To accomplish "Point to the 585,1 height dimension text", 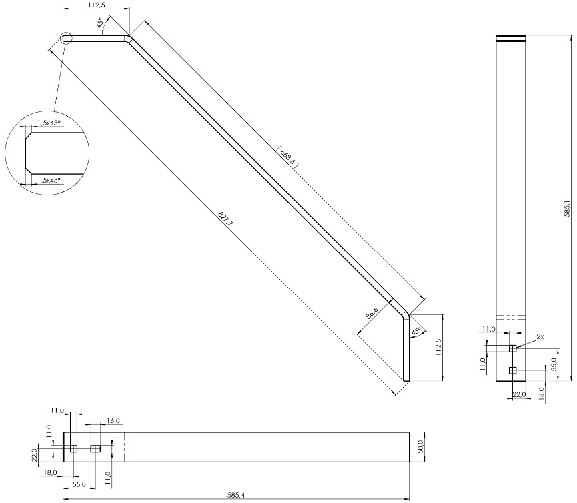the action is tap(568, 209).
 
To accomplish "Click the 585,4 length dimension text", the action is tap(236, 496).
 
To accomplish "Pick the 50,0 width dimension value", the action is tap(421, 447).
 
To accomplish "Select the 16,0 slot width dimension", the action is tap(113, 420).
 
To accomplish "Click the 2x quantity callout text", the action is tap(540, 336).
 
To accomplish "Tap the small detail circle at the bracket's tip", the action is tap(66, 38).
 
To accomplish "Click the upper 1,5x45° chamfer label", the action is tap(49, 123).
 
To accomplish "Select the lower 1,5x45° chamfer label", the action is tap(49, 180).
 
